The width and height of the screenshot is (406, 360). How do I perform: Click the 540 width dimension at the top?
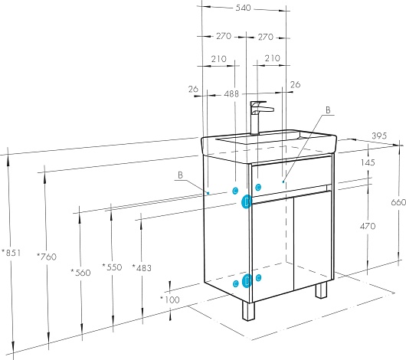click(x=243, y=8)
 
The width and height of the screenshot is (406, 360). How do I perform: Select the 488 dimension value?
click(x=231, y=93)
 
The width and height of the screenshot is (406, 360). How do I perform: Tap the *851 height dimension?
click(x=11, y=253)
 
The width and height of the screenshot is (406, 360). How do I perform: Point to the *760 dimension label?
click(x=47, y=257)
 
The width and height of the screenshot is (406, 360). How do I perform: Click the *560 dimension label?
click(x=80, y=273)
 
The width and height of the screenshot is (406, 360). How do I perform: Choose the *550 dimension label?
click(x=112, y=267)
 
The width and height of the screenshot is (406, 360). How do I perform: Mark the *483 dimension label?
click(x=142, y=268)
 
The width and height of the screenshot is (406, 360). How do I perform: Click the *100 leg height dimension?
click(x=170, y=300)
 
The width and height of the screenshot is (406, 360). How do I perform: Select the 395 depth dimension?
click(x=379, y=136)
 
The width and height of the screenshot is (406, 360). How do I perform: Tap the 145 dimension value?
click(x=368, y=162)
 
